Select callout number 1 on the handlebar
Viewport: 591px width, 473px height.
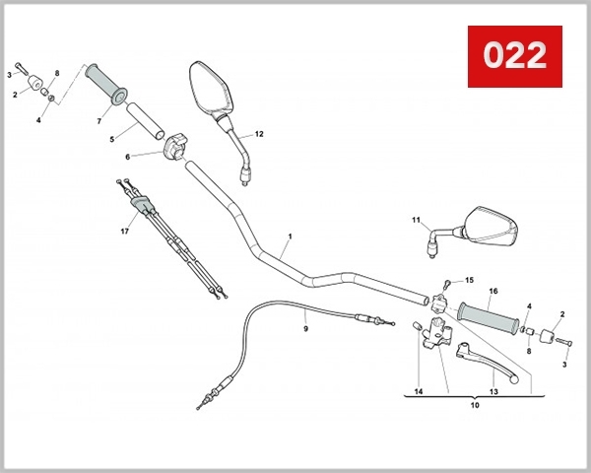(x=291, y=237)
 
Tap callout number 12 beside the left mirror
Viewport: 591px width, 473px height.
(x=259, y=133)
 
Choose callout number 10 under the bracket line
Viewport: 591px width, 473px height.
(x=475, y=405)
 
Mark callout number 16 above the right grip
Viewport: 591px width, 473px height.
(x=493, y=291)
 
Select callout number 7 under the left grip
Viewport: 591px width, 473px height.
(x=98, y=121)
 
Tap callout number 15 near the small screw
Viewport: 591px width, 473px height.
(x=469, y=280)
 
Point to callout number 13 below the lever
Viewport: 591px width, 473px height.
(x=493, y=391)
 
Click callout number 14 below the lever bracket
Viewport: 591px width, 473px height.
(x=418, y=391)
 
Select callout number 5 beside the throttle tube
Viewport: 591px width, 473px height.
(x=113, y=138)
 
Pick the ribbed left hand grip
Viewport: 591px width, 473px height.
(x=105, y=83)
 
